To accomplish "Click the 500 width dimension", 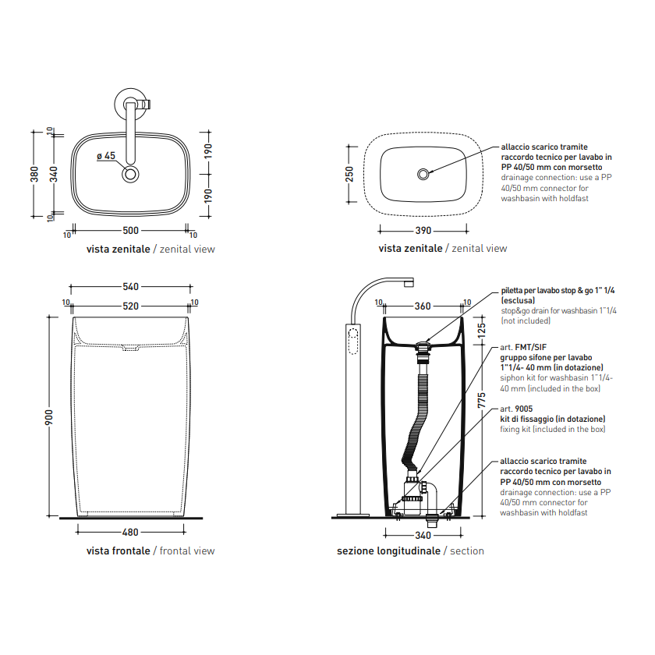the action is tap(130, 231).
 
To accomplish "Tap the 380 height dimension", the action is tap(34, 174).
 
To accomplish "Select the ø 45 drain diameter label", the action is tap(106, 156).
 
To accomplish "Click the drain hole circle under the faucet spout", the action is tap(130, 174).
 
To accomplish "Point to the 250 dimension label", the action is tap(349, 174).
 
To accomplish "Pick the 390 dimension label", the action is tap(423, 231).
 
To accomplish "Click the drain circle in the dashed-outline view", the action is tap(423, 174).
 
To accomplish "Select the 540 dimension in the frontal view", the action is tap(130, 287).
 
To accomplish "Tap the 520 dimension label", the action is tap(130, 306).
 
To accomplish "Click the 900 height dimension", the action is tap(49, 417).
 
